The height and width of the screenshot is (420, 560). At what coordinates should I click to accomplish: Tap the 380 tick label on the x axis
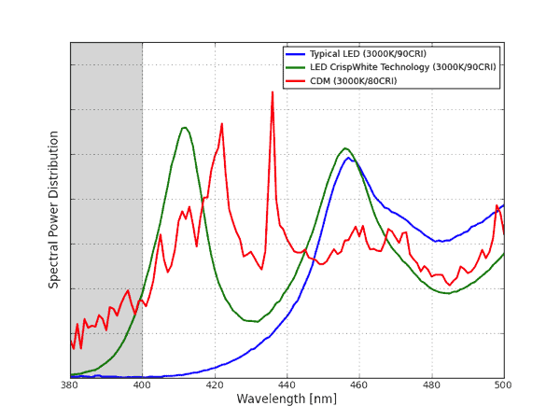point(69,385)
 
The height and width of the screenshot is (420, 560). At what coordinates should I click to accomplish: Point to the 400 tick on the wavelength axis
point(142,385)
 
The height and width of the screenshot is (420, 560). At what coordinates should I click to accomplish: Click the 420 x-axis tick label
point(215,385)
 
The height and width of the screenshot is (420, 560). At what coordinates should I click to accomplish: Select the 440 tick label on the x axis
point(287,385)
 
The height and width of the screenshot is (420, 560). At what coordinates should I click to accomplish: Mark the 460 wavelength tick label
point(359,385)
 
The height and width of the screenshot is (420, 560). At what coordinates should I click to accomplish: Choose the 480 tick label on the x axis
point(431,385)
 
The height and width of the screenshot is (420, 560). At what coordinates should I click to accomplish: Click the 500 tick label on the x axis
point(503,385)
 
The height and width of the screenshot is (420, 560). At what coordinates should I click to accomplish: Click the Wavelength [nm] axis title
point(286,399)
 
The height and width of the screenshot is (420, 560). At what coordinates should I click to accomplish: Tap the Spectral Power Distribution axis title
point(54,209)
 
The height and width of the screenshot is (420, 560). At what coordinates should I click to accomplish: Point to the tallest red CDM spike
point(273,91)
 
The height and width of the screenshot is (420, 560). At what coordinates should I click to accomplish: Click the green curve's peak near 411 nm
point(184,127)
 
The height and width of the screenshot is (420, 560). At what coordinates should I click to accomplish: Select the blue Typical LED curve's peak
point(349,157)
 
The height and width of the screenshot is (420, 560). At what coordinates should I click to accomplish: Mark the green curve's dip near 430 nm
point(252,322)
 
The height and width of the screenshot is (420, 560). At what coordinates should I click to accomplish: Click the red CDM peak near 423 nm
point(221,123)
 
